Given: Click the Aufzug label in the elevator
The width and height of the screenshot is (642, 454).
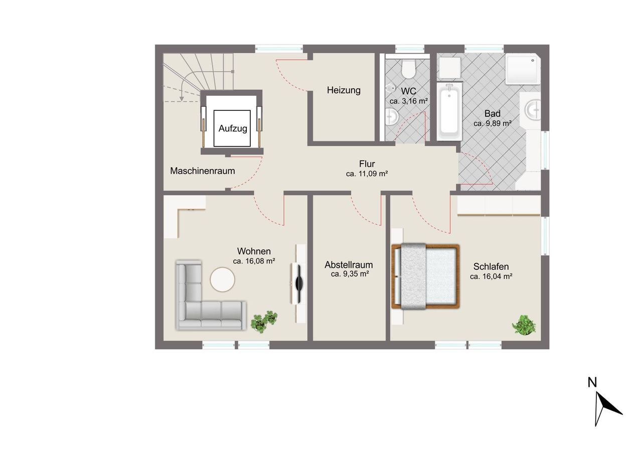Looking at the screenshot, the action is coord(233,128).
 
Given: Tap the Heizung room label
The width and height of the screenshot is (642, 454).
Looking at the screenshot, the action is coord(344,90).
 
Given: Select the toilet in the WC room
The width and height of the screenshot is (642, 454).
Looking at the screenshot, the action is coord(408,69).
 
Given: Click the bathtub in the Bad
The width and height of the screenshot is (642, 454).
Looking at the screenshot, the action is coord(449,112).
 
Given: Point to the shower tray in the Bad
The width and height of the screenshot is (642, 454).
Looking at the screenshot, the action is coord(523,69).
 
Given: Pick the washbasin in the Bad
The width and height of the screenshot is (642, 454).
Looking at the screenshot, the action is coord(533,109).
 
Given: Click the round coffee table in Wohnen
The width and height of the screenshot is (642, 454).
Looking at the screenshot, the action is coord(222,279).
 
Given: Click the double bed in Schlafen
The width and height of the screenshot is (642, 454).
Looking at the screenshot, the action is coord(426,276).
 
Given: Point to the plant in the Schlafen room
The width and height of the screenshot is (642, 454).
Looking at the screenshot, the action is coord(524,325).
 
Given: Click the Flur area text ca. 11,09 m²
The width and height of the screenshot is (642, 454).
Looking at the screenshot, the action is coord(367,174).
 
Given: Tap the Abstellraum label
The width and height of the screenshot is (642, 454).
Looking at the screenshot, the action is coord(349,264).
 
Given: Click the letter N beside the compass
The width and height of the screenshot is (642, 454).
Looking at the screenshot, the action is coord(592,382).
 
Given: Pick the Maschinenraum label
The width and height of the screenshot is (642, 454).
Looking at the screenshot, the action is coord(202,171).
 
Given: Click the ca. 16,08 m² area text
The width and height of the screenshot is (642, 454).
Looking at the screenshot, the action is coord(254,261).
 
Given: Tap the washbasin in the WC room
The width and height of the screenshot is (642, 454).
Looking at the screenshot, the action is coord(392,116).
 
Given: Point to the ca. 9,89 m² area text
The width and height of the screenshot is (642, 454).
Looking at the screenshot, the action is coord(493,123).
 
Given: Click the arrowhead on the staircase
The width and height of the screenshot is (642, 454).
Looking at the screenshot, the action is coord(182,99).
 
